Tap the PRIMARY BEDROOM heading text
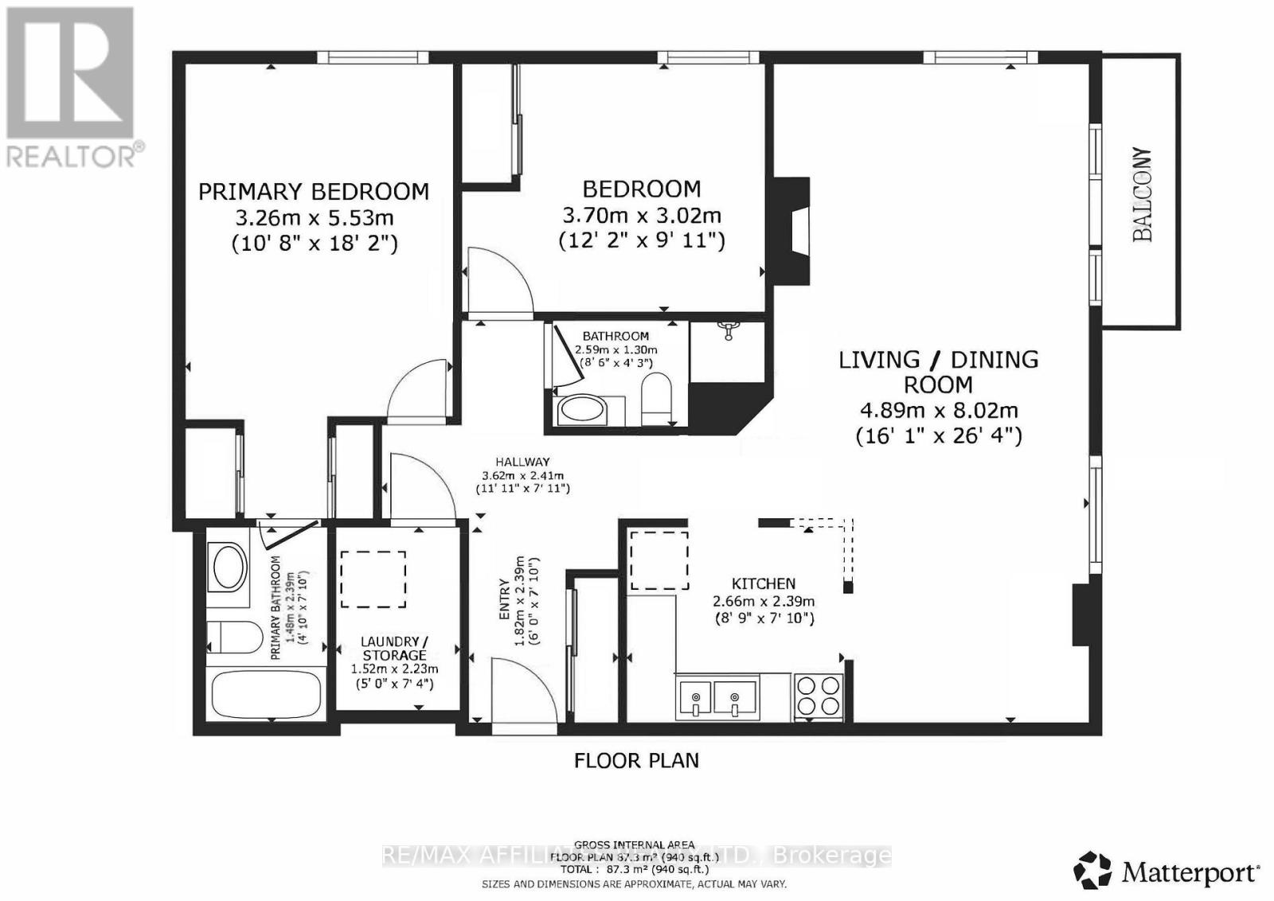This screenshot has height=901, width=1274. [313, 192]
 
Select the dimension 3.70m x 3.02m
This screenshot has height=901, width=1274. [642, 215]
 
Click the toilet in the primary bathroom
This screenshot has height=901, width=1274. [234, 637]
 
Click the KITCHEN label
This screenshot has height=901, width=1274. [764, 583]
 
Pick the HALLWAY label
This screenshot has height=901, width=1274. [522, 462]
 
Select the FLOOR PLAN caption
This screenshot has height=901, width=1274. [636, 760]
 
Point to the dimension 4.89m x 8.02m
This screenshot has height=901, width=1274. [938, 411]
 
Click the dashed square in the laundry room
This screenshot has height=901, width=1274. [373, 579]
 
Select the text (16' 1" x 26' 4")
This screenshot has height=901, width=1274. [938, 436]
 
